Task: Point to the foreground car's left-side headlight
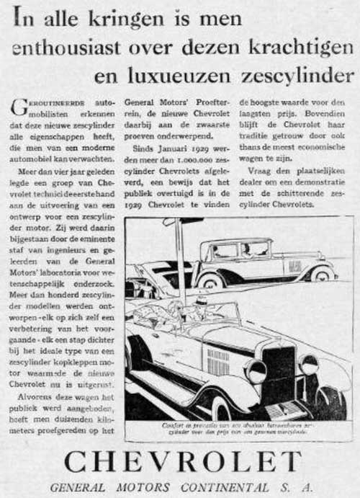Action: point(256,372)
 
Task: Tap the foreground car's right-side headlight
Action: point(309,365)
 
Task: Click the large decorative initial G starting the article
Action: point(21,107)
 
